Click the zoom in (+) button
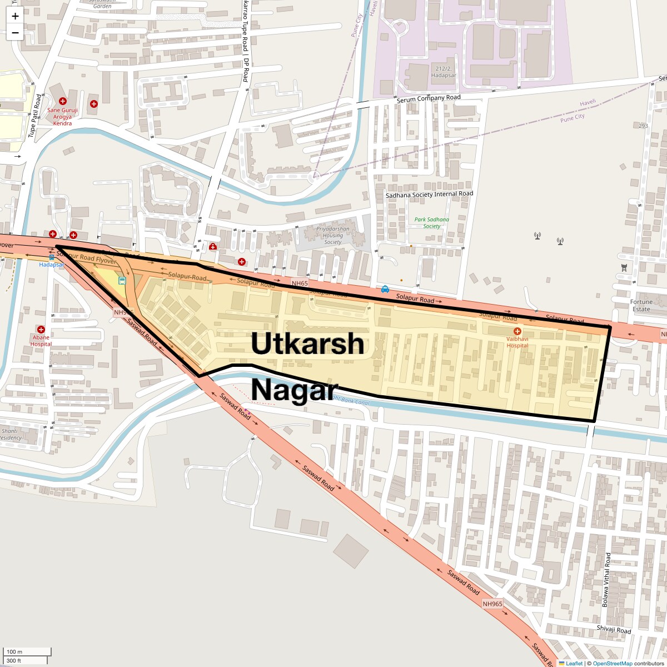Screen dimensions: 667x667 (15, 16)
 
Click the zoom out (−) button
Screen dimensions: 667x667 (15, 33)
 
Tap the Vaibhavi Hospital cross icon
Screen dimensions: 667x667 (517, 331)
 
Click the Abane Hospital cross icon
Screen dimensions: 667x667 (41, 330)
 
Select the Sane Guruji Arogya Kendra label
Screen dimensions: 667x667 (62, 117)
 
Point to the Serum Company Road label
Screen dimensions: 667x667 (429, 98)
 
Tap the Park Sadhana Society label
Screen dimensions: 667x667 (431, 223)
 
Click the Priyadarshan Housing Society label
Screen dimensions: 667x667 (332, 235)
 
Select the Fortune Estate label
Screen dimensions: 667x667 (641, 306)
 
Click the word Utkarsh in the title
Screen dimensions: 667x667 (307, 344)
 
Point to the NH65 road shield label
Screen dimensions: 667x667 (300, 283)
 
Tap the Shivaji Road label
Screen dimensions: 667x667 (614, 630)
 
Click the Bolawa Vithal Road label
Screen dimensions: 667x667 (606, 580)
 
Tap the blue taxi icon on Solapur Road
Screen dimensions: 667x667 (385, 289)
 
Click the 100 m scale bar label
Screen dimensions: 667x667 (15, 651)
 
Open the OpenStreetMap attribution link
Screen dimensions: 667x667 (612, 663)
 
